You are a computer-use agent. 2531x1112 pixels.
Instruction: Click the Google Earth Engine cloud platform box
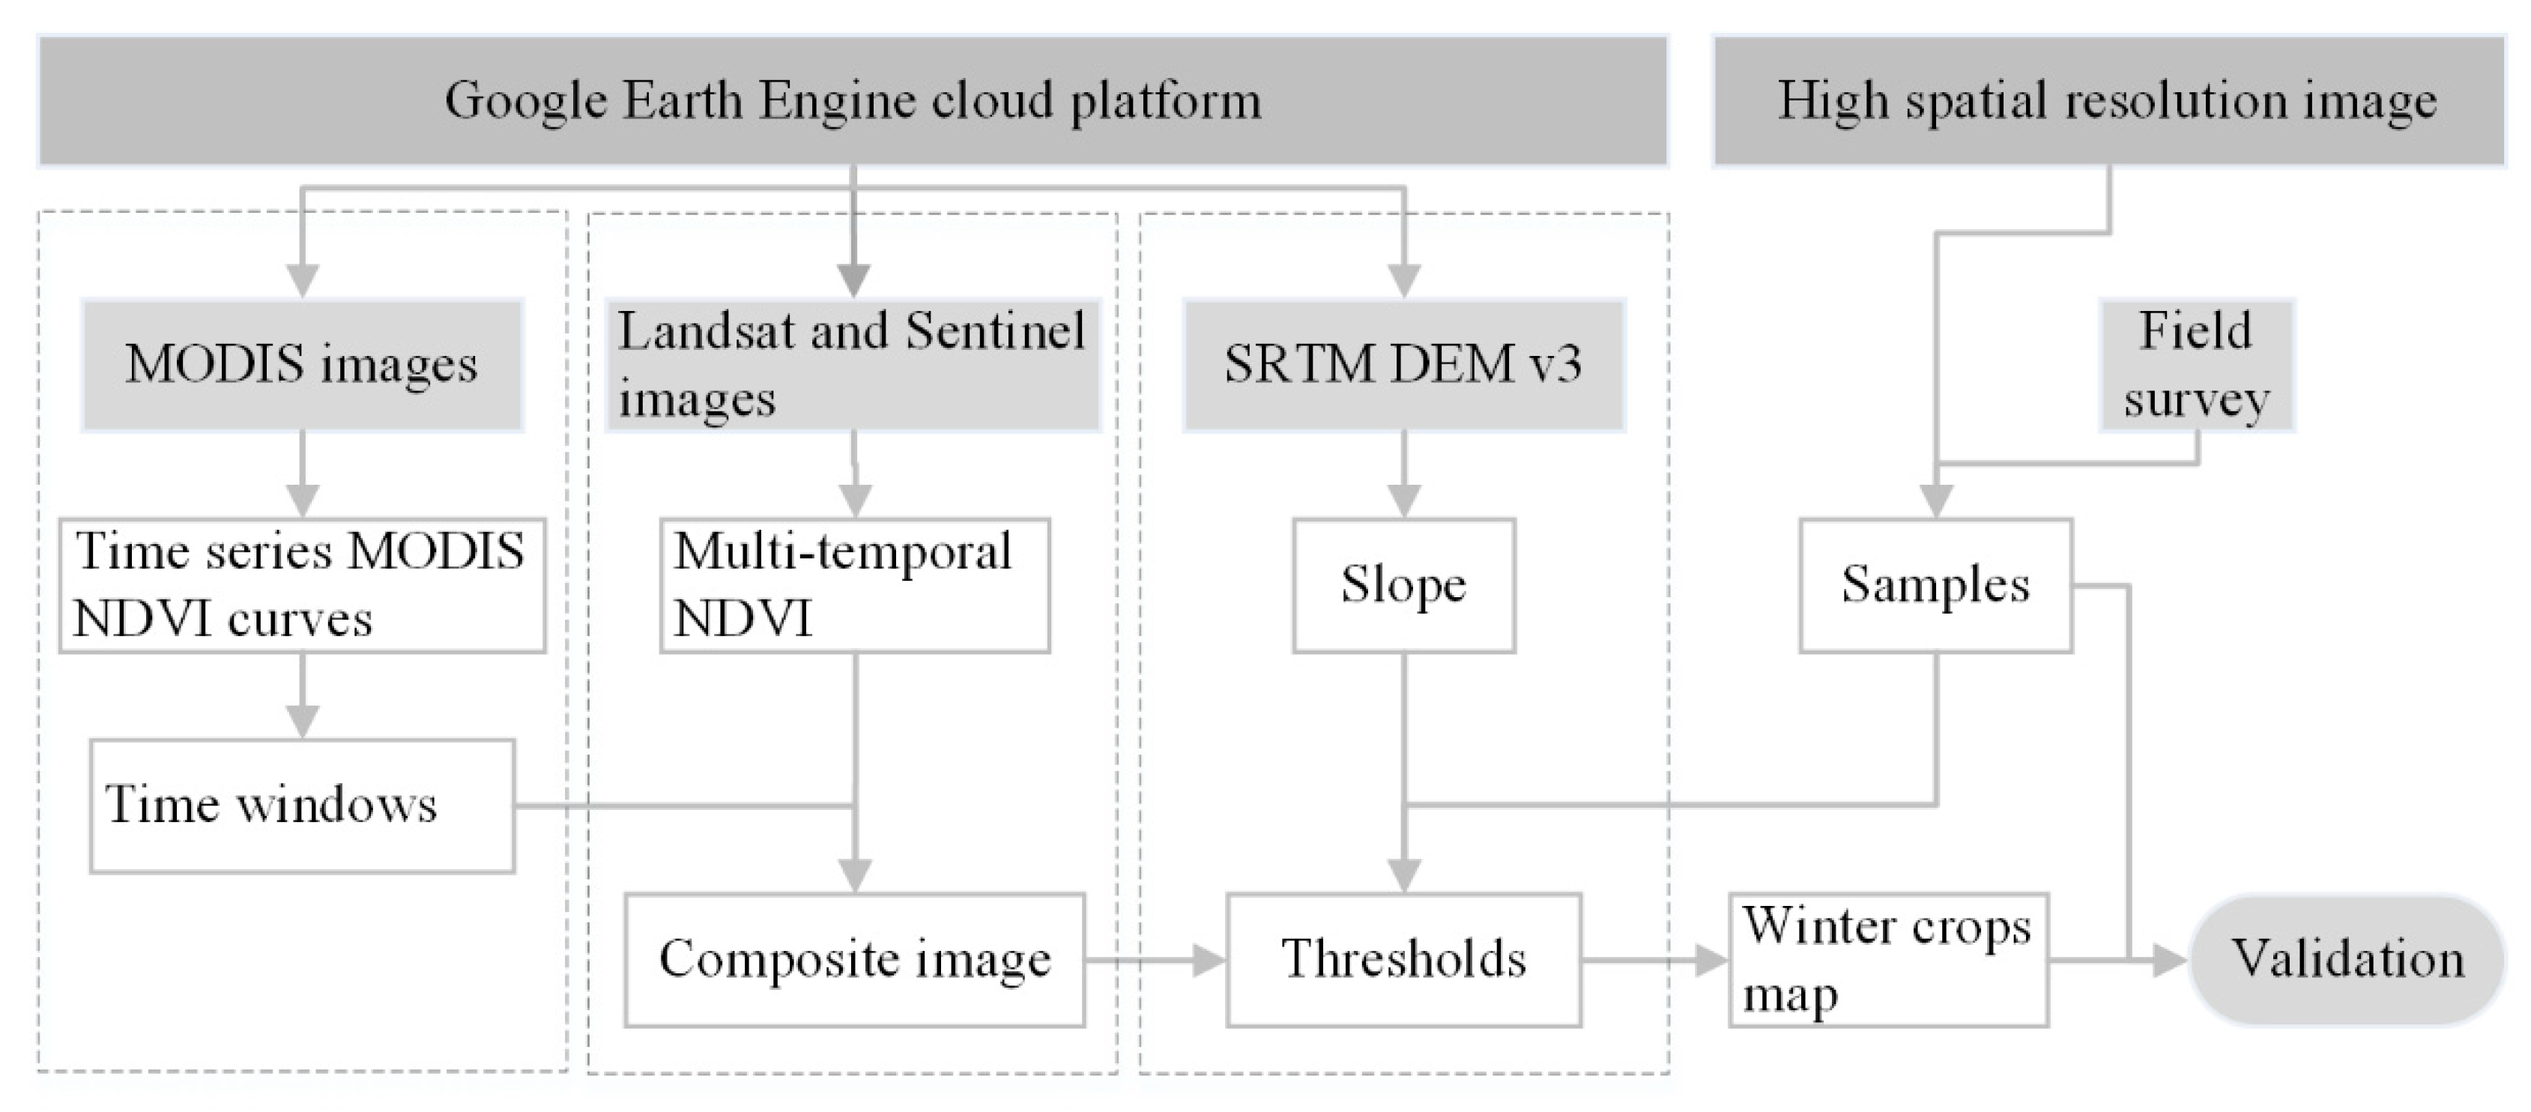(853, 101)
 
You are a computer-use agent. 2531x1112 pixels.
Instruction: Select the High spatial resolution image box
(2108, 101)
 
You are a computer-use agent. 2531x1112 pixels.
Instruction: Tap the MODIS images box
(302, 364)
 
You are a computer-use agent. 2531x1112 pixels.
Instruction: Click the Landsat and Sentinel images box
(852, 364)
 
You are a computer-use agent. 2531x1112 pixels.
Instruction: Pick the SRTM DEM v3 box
(1403, 364)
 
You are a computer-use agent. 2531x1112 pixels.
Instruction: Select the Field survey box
(2196, 364)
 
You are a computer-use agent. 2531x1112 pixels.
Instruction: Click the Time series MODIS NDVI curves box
(302, 585)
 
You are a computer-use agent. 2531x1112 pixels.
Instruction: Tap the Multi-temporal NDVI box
(854, 585)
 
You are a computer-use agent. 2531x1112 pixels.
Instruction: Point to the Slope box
(1403, 585)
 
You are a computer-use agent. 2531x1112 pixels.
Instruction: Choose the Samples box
(1935, 585)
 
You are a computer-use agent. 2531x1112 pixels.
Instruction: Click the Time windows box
(302, 806)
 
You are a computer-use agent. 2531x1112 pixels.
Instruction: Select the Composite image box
(854, 960)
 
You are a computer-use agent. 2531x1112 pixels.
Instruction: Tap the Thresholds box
(1403, 960)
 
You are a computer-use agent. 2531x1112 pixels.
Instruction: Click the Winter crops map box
(1887, 960)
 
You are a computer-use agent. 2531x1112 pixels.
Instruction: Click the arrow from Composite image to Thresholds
(1155, 960)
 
